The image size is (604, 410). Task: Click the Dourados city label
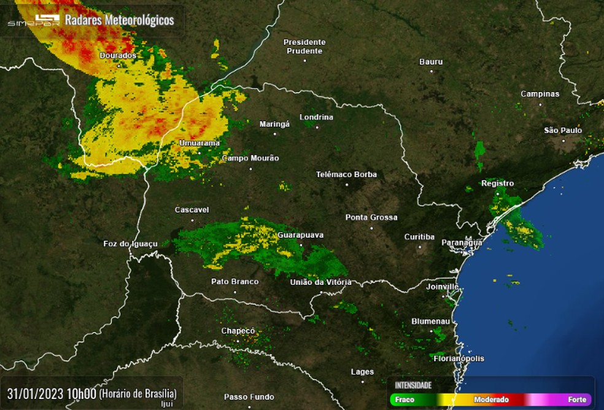pos(118,55)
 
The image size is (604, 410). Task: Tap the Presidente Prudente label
pos(304,46)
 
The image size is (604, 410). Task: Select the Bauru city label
pos(431,61)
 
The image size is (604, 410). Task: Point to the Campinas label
pos(540,94)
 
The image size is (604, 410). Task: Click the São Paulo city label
pos(563,130)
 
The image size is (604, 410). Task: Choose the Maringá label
pos(274,123)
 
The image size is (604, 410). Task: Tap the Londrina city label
pos(316,117)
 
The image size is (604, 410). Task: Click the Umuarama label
pos(199,143)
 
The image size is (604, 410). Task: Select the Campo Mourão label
pos(250,158)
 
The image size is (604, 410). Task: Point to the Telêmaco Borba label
pos(346,174)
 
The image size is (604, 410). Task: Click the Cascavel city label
pos(192,209)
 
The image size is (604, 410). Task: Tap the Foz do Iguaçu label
pos(131,244)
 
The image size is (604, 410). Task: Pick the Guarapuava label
pos(300,234)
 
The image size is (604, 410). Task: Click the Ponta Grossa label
pos(371,217)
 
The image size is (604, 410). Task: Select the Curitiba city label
pos(419,237)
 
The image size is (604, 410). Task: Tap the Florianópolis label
pos(459,358)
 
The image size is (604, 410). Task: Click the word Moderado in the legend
pos(491,400)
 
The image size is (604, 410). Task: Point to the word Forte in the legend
pos(577,400)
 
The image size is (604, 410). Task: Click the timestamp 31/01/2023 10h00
pos(51,393)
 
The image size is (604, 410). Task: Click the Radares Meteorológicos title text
pos(120,20)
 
